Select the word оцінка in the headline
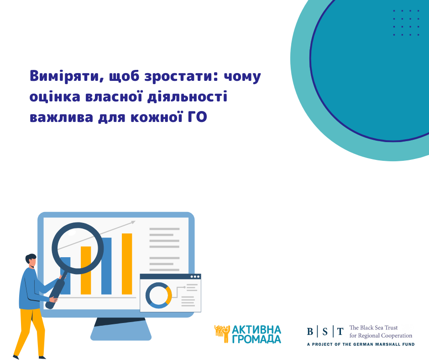(55, 97)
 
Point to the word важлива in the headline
(61, 117)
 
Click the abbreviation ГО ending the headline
(197, 117)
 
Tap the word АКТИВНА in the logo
(256, 330)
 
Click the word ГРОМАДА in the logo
(256, 339)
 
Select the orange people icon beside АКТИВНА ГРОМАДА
(222, 334)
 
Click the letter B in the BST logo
(310, 332)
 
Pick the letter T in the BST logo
(340, 332)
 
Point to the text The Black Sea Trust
(373, 328)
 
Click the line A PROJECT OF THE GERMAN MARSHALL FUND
(361, 344)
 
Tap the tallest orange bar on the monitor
(127, 264)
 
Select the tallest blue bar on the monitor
(106, 266)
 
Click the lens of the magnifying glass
(78, 248)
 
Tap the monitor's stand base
(120, 334)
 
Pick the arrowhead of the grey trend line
(133, 222)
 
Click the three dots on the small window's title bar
(195, 277)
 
